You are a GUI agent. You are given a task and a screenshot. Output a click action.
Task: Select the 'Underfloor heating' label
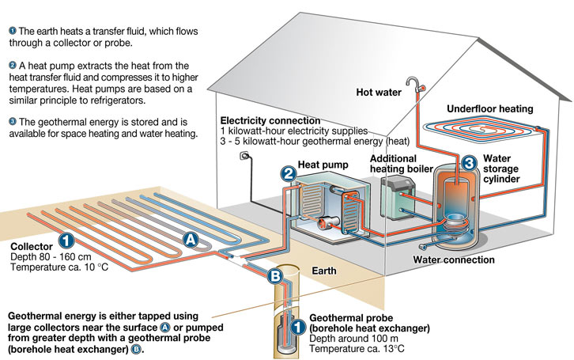(x=489, y=108)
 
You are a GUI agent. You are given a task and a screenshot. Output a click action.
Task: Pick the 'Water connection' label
(x=454, y=260)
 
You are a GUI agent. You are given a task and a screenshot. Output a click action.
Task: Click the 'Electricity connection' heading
(x=272, y=119)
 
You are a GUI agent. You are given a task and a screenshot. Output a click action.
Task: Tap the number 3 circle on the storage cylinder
(x=468, y=162)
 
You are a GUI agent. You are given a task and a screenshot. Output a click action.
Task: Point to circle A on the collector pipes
(x=190, y=237)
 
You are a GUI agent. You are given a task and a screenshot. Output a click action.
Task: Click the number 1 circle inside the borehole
(x=296, y=325)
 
